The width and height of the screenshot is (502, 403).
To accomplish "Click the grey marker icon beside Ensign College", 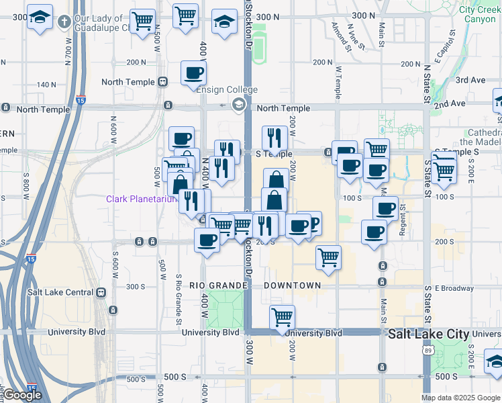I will tap(238, 104).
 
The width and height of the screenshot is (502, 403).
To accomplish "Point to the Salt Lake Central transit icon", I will tap(101, 292).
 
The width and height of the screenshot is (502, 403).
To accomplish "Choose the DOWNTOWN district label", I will tap(292, 285).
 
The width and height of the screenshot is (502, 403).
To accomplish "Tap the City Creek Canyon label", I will tap(478, 15).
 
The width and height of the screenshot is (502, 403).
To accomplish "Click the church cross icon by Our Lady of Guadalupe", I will tap(64, 21).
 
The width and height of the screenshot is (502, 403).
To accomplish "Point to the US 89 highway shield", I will tap(428, 350).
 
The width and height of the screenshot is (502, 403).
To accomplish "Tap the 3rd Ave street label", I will tap(470, 80).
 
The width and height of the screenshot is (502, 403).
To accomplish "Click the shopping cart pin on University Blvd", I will tap(283, 317).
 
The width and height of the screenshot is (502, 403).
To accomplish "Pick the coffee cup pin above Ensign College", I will tap(193, 73).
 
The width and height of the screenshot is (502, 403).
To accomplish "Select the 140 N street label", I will tap(46, 85).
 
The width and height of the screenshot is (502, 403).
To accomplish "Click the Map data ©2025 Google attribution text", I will tap(460, 398).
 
